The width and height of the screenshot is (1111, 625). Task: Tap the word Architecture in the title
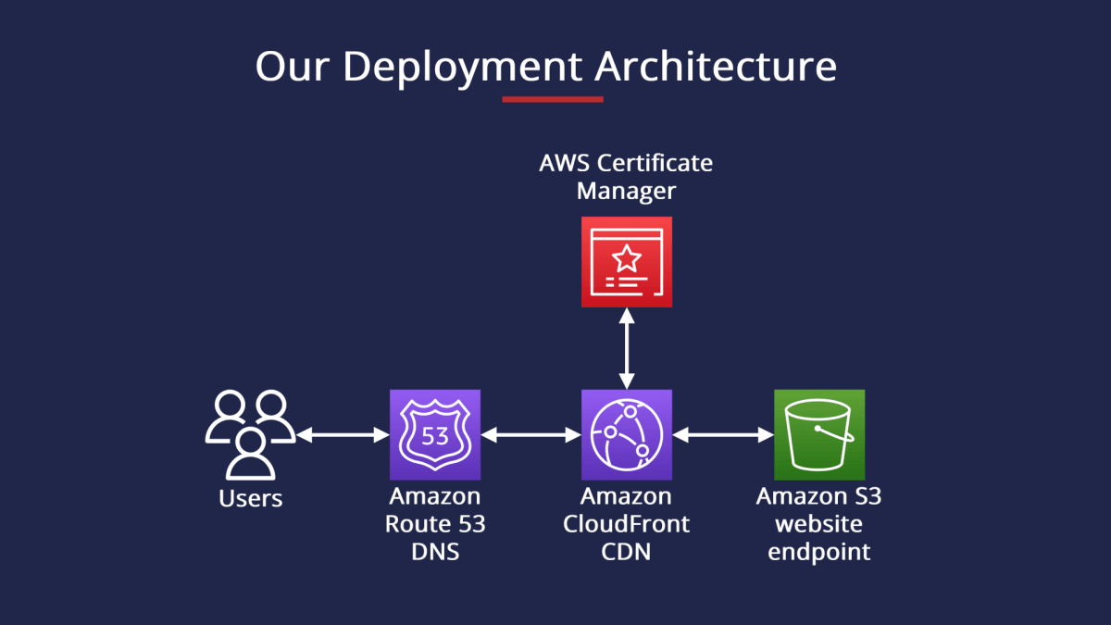click(715, 68)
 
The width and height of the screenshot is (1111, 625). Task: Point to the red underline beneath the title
click(553, 99)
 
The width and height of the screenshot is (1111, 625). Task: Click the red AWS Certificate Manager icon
click(627, 262)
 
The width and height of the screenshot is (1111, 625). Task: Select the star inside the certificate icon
click(627, 256)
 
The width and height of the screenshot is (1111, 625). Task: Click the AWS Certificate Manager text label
click(627, 177)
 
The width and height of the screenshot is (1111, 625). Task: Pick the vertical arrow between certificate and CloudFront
click(627, 348)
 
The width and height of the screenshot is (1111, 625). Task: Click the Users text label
click(250, 499)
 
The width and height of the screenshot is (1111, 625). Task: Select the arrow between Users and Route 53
click(342, 434)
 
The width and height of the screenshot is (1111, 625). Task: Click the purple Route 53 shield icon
click(435, 434)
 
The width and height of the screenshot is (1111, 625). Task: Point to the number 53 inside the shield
click(435, 435)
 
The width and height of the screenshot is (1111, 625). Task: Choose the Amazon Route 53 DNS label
click(435, 524)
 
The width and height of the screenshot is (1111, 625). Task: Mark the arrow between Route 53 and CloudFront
click(531, 434)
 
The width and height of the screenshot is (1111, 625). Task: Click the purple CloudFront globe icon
click(627, 434)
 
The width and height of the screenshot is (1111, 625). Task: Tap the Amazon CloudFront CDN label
click(627, 524)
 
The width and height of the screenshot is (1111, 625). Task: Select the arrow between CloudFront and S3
click(723, 434)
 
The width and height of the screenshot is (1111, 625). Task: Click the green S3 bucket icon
click(819, 434)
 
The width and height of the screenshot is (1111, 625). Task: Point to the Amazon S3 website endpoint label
click(819, 524)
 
